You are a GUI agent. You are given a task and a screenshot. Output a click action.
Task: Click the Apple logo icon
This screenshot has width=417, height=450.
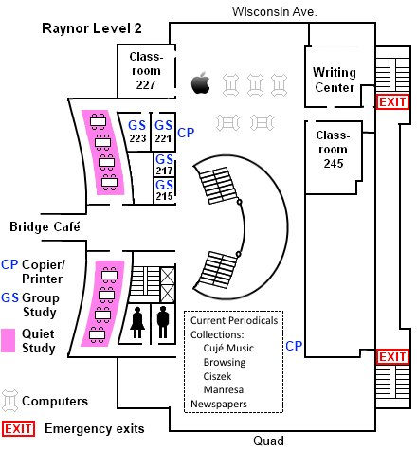click(201, 82)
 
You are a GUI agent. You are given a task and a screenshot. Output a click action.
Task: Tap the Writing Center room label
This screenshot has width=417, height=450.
click(335, 80)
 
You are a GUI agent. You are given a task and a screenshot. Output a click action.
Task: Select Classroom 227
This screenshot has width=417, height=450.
click(146, 71)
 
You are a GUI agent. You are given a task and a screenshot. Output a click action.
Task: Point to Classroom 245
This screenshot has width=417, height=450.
click(333, 150)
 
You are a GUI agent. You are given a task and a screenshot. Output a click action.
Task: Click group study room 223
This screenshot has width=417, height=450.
click(137, 132)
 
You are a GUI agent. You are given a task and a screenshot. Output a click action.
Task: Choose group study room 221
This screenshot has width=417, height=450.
click(163, 132)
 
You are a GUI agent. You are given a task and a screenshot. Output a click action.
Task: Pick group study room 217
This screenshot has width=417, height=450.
click(164, 165)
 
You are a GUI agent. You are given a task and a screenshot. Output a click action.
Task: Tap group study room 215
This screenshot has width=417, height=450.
click(164, 190)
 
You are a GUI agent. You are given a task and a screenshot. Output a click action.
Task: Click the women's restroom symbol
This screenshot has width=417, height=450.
click(137, 322)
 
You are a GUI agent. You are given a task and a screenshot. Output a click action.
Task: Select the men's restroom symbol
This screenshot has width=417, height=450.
click(163, 322)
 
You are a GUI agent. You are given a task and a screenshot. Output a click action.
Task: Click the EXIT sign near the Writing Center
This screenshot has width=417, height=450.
click(392, 102)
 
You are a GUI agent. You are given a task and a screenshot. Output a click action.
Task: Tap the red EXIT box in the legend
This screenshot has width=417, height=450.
click(18, 429)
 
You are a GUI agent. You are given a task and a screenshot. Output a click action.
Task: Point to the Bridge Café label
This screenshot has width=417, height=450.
click(45, 226)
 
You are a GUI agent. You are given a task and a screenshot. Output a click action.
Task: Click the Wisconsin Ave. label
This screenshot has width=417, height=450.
click(274, 11)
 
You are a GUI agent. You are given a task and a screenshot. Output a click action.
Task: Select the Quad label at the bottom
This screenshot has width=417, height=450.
click(268, 441)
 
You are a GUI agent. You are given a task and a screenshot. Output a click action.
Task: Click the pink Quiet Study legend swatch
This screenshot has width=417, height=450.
click(8, 340)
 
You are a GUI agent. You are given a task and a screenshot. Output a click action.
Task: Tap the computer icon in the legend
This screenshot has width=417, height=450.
click(9, 401)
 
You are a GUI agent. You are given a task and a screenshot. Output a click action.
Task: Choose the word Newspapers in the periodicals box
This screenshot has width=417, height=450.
click(219, 404)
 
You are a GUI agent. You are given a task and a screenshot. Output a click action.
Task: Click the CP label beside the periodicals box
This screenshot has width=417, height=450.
click(294, 346)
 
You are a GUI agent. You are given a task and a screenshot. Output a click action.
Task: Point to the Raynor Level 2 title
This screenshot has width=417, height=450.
click(92, 28)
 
